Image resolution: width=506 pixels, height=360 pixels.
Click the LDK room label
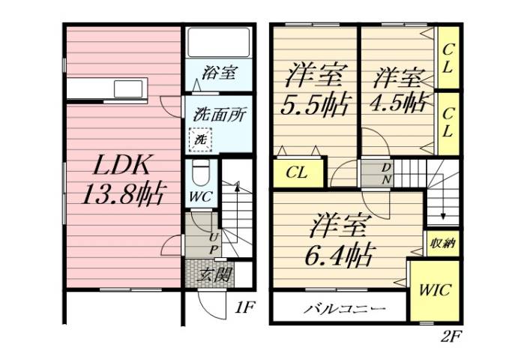[123, 166]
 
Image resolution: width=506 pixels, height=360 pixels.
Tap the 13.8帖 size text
[123, 194]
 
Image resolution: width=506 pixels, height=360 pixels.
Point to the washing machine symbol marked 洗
[201, 139]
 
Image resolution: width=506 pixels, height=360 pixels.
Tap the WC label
[200, 196]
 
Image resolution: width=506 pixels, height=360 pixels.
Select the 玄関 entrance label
[214, 274]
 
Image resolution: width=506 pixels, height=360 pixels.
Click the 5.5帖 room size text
[316, 104]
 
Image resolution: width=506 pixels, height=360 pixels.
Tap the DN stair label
[387, 173]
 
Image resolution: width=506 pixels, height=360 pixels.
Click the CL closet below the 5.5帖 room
[298, 173]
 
